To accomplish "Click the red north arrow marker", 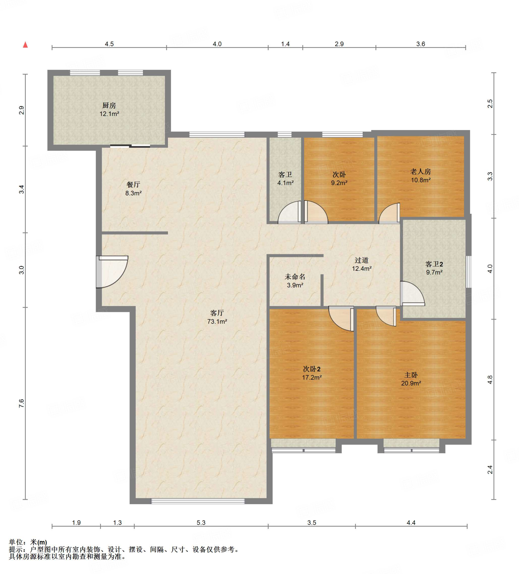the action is click(25, 44).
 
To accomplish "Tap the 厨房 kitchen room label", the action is click(109, 110).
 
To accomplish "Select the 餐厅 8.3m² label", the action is click(133, 189).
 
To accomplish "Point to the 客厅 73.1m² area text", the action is click(217, 317).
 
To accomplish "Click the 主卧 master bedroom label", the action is click(411, 379).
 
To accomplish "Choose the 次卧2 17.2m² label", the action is click(312, 373).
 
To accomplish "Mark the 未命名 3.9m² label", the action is click(295, 281).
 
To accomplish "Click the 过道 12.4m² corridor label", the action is click(361, 264).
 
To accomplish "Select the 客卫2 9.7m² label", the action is click(434, 268).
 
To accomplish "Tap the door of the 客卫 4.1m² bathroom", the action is click(289, 212).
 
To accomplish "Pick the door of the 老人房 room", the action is click(389, 213).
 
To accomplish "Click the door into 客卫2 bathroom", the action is click(412, 293).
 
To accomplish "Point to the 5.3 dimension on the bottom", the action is click(201, 522).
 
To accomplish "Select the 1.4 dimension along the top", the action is click(285, 44).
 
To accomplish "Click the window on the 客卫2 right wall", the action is click(469, 272).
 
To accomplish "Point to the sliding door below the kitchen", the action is click(130, 146).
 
